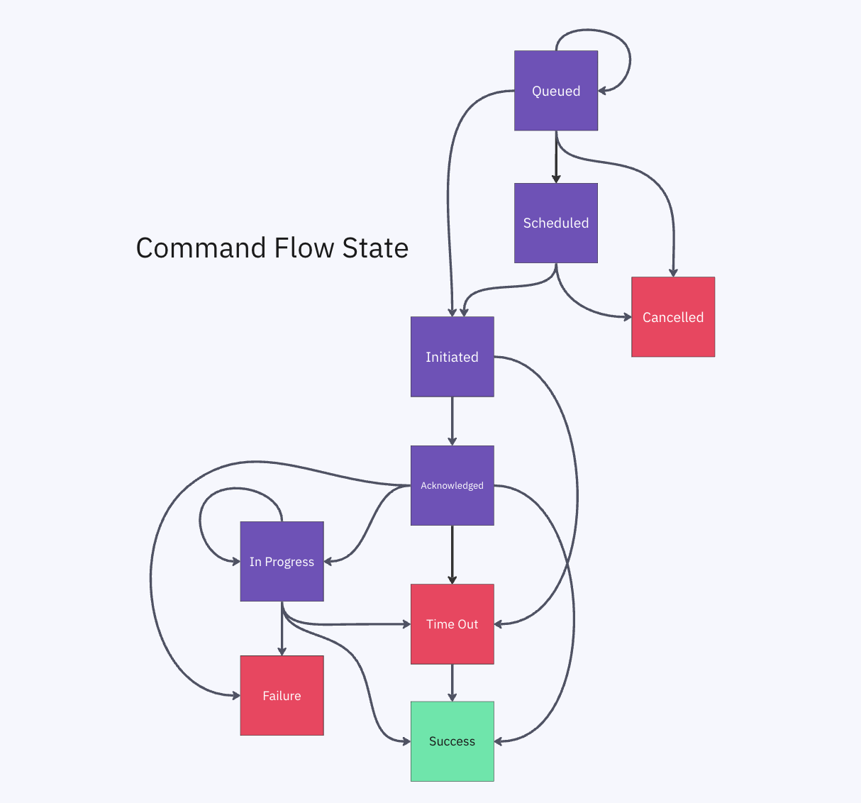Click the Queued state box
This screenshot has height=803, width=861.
(x=556, y=91)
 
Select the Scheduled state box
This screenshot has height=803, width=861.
(x=556, y=223)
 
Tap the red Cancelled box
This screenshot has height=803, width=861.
(x=673, y=317)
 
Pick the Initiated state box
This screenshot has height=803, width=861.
(x=452, y=357)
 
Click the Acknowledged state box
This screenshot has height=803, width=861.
(x=452, y=485)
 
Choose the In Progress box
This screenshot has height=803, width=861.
(x=282, y=561)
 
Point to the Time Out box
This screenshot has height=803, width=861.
(x=452, y=624)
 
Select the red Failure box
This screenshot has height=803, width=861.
(x=282, y=695)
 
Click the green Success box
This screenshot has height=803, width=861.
(x=452, y=741)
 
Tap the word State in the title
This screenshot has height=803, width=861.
(x=375, y=248)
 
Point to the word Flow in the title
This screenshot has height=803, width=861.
(x=304, y=248)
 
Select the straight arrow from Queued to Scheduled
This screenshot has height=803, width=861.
(x=556, y=157)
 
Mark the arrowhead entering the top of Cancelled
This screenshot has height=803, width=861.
(x=673, y=272)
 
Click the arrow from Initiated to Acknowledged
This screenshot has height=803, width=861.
(x=452, y=421)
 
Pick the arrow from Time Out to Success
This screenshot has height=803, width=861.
(x=452, y=683)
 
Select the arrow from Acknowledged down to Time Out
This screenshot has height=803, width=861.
(x=452, y=555)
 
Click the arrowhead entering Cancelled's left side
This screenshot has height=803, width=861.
(x=626, y=317)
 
